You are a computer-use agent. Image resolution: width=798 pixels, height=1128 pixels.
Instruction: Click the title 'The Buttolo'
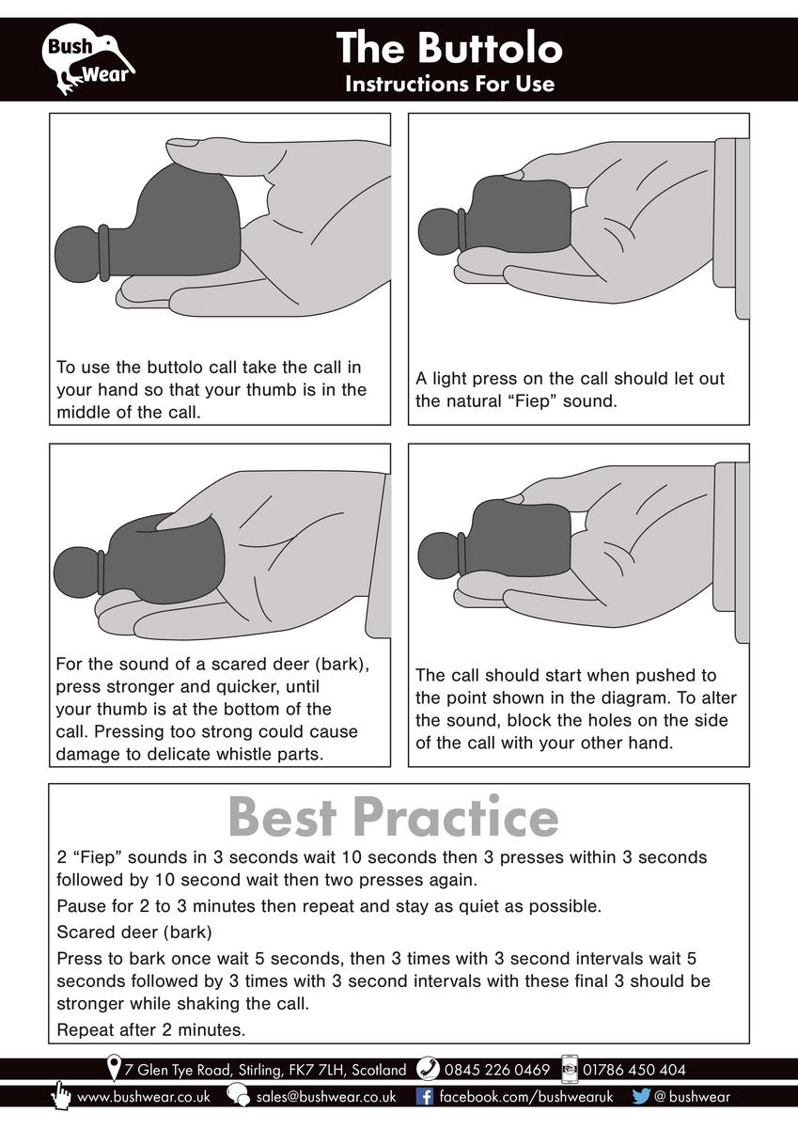click(449, 48)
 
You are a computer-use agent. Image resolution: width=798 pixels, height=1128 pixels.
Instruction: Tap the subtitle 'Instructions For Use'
click(449, 84)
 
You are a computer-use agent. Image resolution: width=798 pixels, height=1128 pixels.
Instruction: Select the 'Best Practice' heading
click(393, 816)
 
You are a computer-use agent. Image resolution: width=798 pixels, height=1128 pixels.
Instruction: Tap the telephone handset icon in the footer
click(429, 1069)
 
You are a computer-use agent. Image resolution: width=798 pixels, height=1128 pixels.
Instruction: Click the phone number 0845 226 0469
click(497, 1070)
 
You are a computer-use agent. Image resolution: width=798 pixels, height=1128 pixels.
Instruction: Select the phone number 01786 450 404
click(634, 1070)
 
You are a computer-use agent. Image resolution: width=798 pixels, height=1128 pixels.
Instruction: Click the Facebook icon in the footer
click(425, 1097)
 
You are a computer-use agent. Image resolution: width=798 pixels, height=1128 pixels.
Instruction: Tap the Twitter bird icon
click(641, 1097)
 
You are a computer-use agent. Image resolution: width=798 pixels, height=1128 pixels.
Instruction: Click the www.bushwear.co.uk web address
click(144, 1097)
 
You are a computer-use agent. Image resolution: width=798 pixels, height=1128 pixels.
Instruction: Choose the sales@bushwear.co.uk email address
click(326, 1097)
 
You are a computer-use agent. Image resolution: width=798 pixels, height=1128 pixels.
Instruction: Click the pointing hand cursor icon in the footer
click(61, 1094)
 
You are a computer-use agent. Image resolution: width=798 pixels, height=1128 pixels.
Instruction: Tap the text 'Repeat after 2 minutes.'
click(151, 1030)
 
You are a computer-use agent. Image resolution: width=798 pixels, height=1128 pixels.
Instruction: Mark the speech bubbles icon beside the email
click(238, 1095)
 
